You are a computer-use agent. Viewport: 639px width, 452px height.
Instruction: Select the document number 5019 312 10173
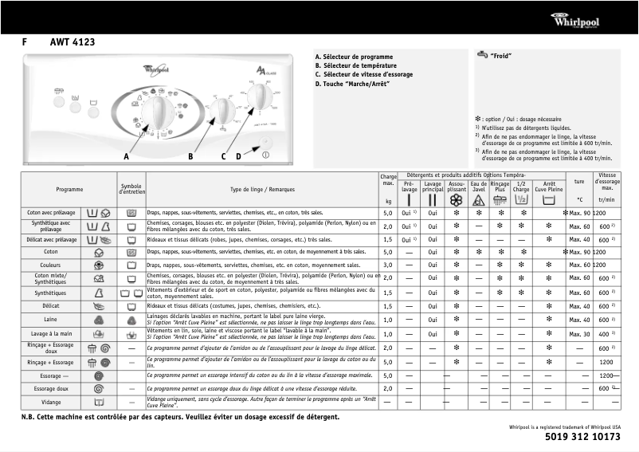(583, 437)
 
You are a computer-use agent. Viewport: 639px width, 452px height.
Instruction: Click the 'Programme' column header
(69, 189)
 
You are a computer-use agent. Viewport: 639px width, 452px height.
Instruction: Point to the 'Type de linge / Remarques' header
(261, 189)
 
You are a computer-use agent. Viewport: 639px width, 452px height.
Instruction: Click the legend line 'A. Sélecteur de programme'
(354, 57)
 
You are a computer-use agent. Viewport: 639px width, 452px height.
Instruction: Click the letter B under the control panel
(190, 156)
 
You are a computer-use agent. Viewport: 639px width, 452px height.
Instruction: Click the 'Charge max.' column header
(388, 180)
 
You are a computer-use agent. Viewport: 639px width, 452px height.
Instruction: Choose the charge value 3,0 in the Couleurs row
(388, 265)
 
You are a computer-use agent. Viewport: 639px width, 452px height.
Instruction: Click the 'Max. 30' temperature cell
(579, 333)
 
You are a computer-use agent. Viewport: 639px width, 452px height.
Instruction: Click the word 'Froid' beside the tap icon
(500, 56)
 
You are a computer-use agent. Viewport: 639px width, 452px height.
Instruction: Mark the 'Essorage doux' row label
(50, 388)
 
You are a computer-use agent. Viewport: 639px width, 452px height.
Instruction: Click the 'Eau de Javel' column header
(479, 187)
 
